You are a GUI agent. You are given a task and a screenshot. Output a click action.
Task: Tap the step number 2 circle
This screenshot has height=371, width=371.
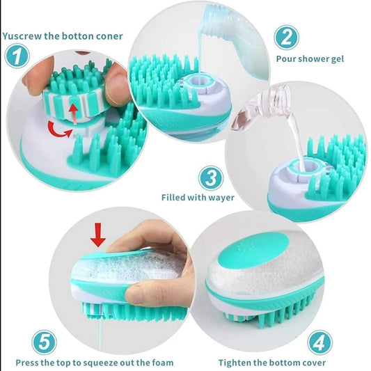click(x=286, y=37)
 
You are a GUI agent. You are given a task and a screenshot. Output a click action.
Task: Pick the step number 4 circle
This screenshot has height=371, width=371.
click(x=319, y=342)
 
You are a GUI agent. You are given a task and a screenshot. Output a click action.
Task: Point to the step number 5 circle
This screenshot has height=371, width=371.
click(x=45, y=342)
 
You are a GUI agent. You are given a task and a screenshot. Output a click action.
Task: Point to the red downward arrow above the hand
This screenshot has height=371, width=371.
click(x=98, y=238)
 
